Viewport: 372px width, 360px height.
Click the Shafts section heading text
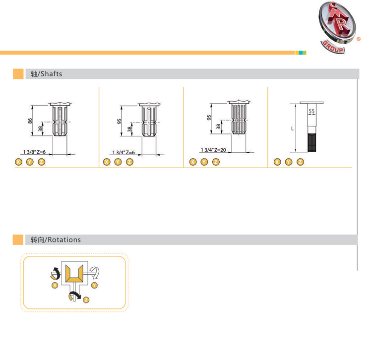tap(46, 74)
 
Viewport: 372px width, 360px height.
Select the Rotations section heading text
tap(56, 240)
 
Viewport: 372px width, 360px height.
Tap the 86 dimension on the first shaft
tap(30, 121)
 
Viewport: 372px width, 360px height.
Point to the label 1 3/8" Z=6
tap(34, 152)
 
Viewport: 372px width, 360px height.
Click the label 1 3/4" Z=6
tap(124, 152)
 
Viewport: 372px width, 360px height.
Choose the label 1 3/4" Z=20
tap(213, 150)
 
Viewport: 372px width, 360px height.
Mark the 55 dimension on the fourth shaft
tap(311, 111)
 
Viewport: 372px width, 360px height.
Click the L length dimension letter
tap(292, 128)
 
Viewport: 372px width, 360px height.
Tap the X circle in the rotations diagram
tap(55, 285)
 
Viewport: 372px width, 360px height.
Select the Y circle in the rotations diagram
tap(94, 285)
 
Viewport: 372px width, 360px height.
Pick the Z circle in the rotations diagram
tap(86, 300)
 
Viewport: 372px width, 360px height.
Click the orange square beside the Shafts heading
tap(18, 74)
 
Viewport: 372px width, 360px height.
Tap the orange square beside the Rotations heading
tap(18, 240)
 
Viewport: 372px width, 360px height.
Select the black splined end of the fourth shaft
tap(312, 142)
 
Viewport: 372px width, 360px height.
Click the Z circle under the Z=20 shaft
tap(216, 162)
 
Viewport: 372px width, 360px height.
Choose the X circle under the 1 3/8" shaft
tap(18, 162)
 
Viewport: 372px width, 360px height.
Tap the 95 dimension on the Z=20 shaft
tap(209, 118)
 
